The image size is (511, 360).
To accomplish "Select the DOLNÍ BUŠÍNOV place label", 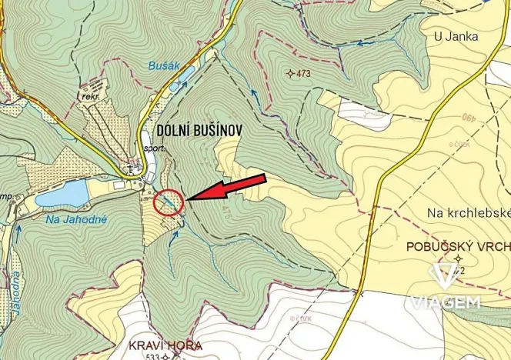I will [x=200, y=131].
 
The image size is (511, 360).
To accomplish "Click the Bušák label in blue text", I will [x=163, y=67].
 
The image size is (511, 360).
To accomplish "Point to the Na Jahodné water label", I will [x=75, y=219].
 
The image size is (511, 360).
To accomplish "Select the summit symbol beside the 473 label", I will [x=289, y=74].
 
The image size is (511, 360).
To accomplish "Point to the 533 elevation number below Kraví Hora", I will [x=153, y=357].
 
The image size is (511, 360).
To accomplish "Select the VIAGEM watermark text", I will [x=446, y=302].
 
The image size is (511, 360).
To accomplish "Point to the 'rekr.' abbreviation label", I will [x=91, y=98].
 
